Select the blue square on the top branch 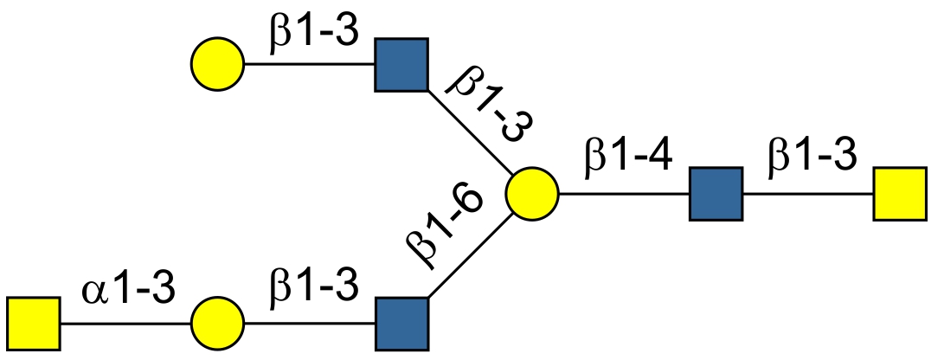pos(401,65)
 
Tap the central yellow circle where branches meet pos(532,195)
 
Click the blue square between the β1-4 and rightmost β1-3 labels pos(716,195)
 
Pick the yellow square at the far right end pos(900,195)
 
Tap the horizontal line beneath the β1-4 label pos(624,195)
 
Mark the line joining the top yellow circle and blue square pos(310,65)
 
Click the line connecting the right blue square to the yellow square pos(808,195)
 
